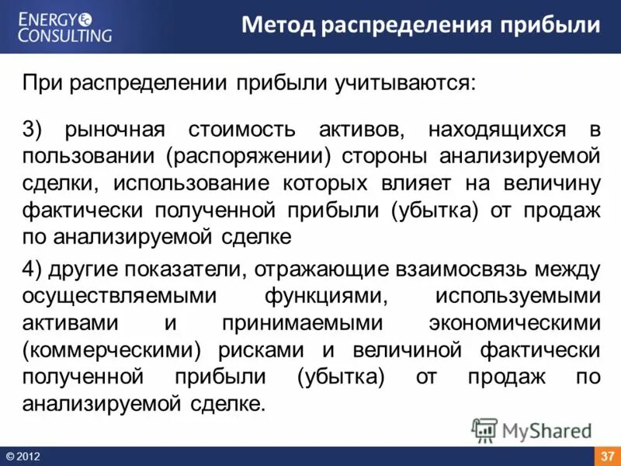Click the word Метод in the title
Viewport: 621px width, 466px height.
tap(274, 26)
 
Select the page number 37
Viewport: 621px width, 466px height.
tap(608, 455)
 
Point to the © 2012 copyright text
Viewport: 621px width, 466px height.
tap(23, 456)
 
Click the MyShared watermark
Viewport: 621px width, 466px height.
tap(533, 429)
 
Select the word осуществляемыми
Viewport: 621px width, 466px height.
tap(109, 296)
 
